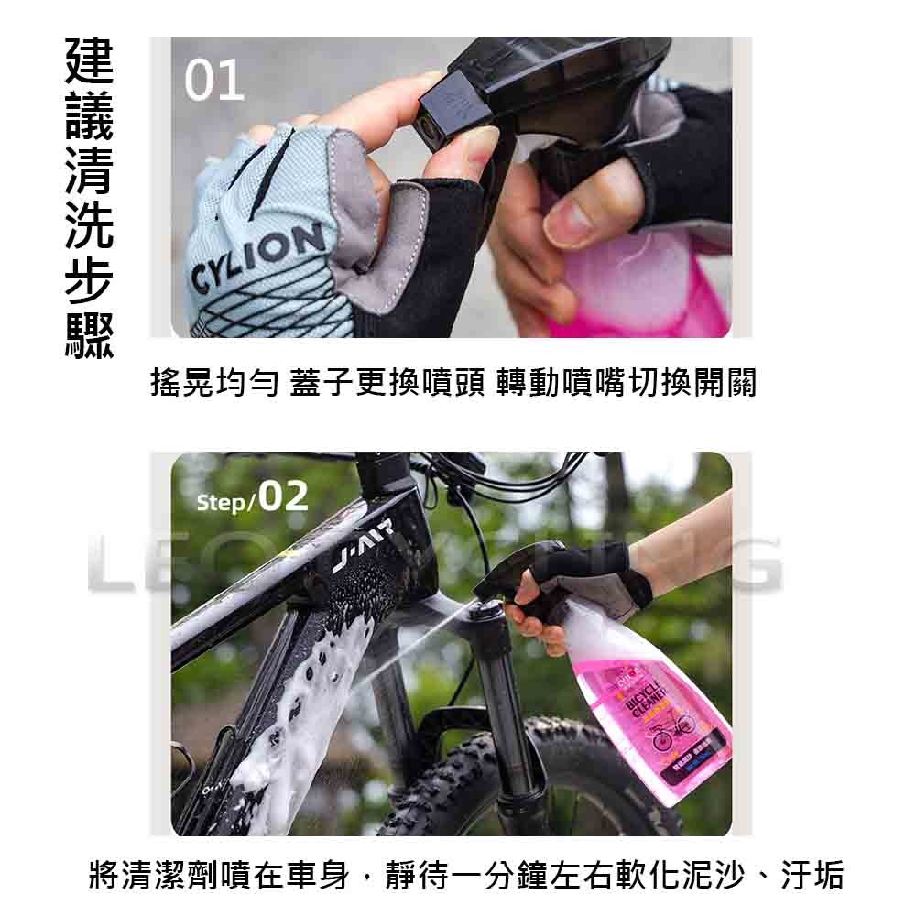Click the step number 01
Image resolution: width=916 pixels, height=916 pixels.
[214, 82]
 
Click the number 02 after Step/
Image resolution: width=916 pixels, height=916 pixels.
[283, 496]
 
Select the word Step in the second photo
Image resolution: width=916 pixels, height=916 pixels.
[220, 503]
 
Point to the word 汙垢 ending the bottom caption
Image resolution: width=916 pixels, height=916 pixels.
[812, 875]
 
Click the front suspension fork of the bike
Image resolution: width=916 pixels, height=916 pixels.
[499, 696]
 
